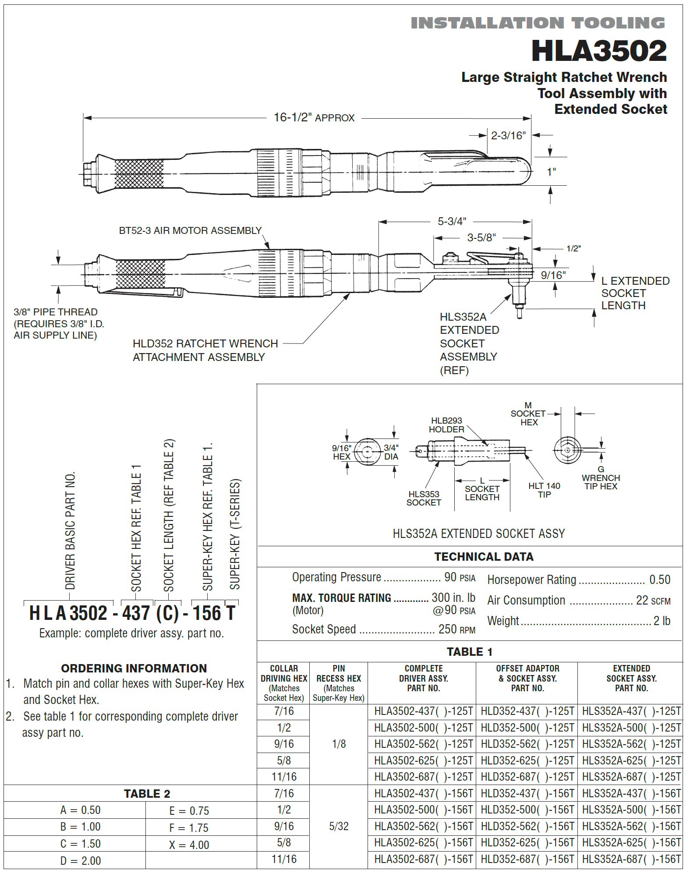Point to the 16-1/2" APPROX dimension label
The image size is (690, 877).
click(314, 118)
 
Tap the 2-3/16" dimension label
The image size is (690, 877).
click(508, 135)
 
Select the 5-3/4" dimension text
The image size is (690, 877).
click(452, 221)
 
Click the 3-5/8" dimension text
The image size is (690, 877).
click(481, 237)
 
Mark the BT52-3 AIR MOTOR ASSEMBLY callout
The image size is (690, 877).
click(190, 230)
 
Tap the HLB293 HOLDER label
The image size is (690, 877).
click(446, 425)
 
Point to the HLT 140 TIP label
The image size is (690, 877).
click(544, 490)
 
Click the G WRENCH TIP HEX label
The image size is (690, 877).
click(600, 478)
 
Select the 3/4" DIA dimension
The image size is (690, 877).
click(391, 452)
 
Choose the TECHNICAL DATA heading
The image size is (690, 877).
click(483, 556)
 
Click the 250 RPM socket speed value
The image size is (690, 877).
click(456, 629)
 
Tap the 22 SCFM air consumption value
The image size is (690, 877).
click(653, 600)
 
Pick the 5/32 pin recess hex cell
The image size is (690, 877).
click(339, 826)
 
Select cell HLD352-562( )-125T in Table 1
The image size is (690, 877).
click(527, 744)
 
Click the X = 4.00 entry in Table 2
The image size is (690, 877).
click(189, 845)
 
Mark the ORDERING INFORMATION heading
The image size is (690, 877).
click(134, 668)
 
